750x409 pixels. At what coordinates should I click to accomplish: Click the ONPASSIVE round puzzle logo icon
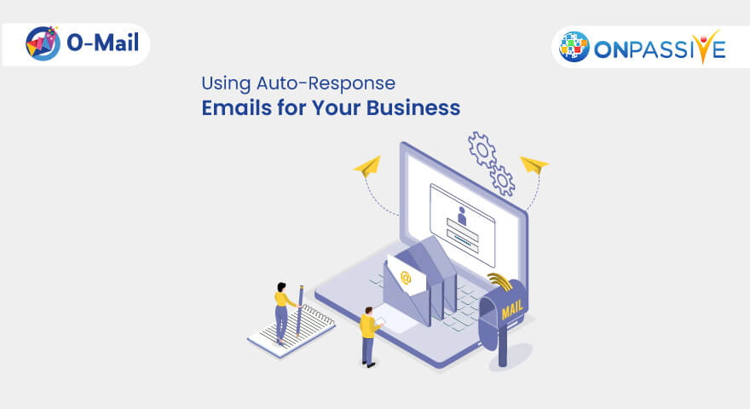point(575,48)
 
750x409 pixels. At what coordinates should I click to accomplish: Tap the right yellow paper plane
point(534,164)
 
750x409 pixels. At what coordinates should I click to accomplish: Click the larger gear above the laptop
point(482,149)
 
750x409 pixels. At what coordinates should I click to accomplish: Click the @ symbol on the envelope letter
point(406,277)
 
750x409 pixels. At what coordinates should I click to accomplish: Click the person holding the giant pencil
point(282,309)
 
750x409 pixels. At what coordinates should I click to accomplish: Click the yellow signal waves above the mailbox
point(500,283)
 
